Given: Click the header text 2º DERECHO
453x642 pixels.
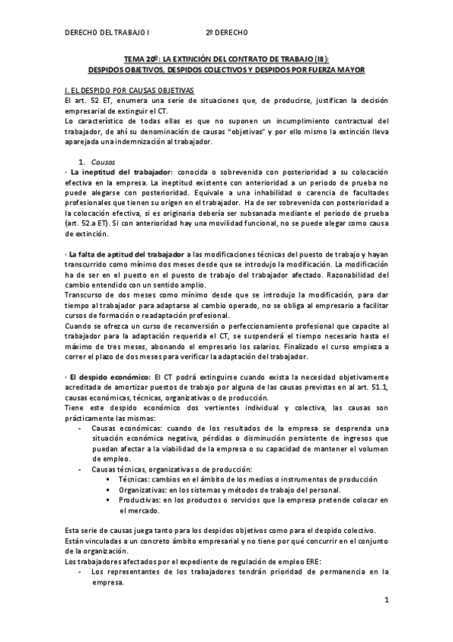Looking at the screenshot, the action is [x=227, y=33].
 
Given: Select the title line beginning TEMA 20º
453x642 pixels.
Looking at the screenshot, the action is [x=226, y=58].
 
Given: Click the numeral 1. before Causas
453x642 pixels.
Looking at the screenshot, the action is [x=82, y=162].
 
